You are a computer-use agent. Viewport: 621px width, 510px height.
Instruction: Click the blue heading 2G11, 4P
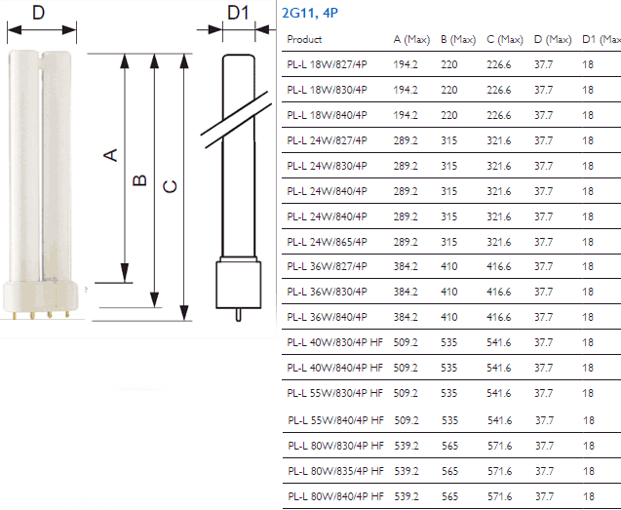[x=310, y=13]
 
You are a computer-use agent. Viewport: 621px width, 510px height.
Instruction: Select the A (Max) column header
[x=411, y=39]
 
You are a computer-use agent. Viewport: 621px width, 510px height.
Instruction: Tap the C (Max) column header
[x=505, y=39]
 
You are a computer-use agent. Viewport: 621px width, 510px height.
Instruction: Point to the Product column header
[x=304, y=39]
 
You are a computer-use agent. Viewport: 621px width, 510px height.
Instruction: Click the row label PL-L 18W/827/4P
[x=328, y=64]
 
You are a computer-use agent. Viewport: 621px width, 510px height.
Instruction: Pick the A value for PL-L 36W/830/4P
[x=406, y=292]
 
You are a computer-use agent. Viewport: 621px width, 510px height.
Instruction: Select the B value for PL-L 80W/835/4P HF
[x=450, y=471]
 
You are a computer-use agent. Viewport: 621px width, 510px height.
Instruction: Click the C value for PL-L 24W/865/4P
[x=499, y=242]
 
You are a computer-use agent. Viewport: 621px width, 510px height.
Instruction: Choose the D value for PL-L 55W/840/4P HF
[x=544, y=420]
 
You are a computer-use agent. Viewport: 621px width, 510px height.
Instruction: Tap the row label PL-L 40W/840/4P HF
[x=335, y=368]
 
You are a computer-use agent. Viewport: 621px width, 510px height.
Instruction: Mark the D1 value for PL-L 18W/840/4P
[x=588, y=115]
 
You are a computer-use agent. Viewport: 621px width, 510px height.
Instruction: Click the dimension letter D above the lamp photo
[x=38, y=13]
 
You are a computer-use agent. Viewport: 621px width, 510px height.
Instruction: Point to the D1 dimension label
[x=238, y=13]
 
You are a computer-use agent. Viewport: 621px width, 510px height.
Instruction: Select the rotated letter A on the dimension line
[x=110, y=155]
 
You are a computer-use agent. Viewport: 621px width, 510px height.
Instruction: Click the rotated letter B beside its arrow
[x=139, y=180]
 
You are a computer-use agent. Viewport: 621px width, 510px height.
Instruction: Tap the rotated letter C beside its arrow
[x=170, y=186]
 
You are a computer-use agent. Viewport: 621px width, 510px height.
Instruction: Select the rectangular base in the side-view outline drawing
[x=239, y=285]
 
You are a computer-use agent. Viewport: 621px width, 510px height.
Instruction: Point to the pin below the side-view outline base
[x=239, y=315]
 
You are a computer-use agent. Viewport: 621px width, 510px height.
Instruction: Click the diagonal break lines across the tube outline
[x=237, y=120]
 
